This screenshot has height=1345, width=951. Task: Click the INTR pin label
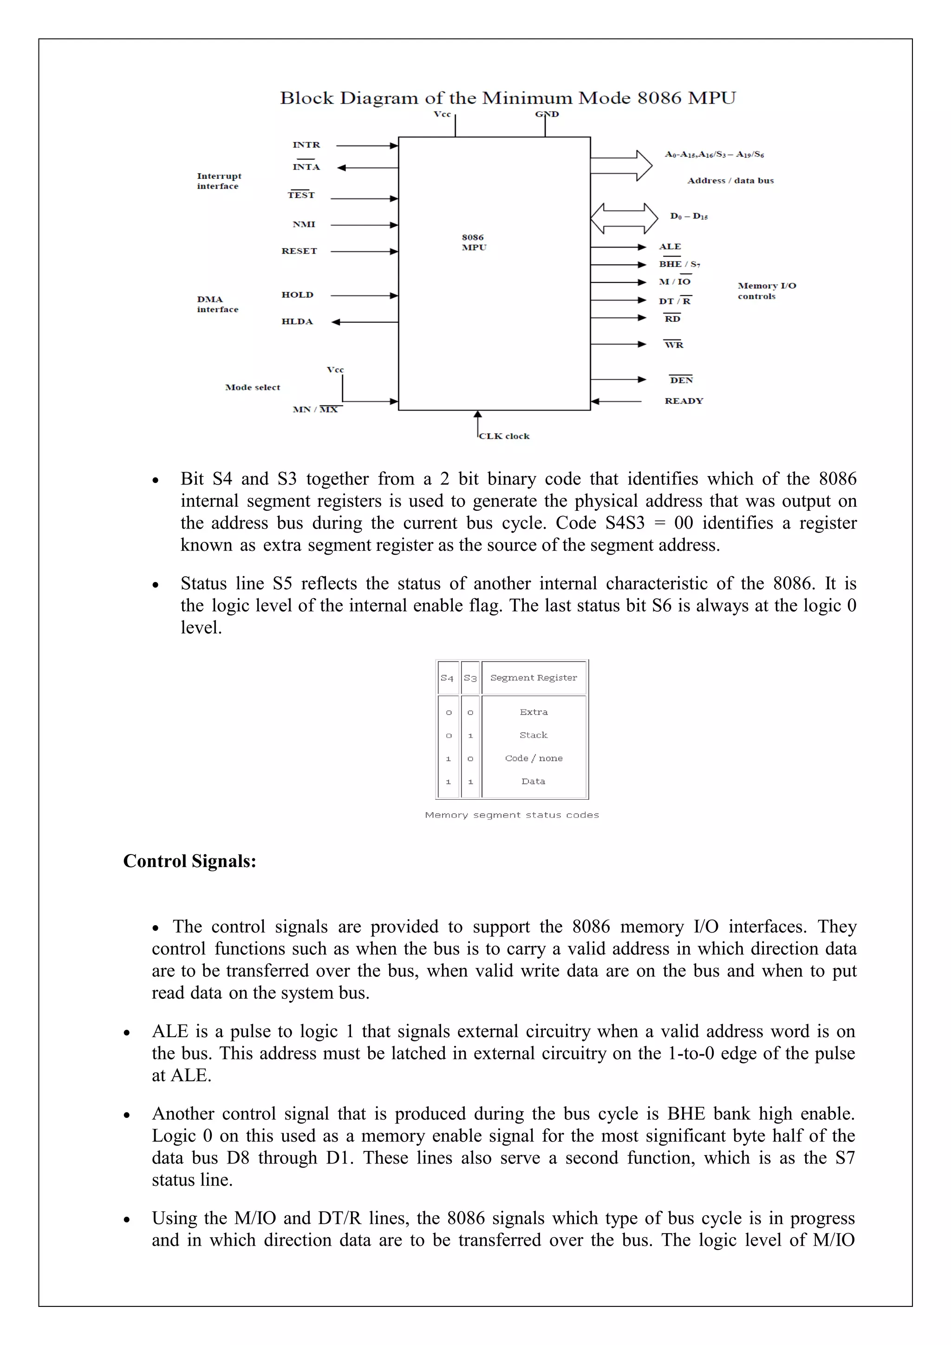point(306,145)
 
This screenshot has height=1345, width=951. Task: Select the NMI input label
point(304,224)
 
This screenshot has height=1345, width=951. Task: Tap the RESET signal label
point(299,251)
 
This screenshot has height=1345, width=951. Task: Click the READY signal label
point(684,401)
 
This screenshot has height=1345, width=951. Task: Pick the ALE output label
point(670,247)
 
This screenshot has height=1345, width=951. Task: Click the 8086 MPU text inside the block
point(474,242)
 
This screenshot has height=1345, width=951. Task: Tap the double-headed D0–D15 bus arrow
point(624,218)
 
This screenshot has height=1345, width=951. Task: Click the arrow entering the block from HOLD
point(364,295)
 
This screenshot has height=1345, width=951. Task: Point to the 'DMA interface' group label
point(217,304)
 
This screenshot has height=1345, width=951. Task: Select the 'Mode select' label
point(253,387)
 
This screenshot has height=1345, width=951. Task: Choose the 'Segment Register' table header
point(534,678)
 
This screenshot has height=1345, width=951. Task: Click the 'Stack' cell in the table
point(534,735)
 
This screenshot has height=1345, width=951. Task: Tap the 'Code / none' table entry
point(534,758)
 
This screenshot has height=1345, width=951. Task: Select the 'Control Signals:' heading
point(190,861)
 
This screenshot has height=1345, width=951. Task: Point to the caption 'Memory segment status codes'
point(512,815)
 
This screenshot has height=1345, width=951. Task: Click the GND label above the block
point(547,114)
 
